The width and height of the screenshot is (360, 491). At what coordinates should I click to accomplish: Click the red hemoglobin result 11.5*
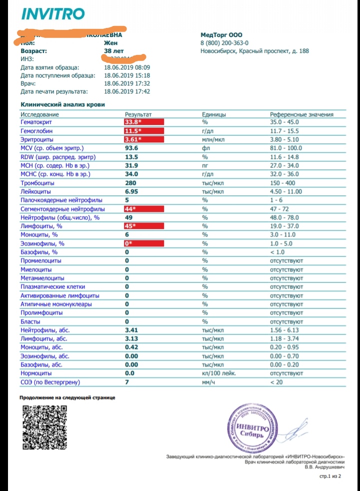coord(133,130)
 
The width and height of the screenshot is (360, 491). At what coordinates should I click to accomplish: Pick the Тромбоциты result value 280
coord(131,182)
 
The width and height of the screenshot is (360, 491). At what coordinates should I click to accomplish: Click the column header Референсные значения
coord(301,114)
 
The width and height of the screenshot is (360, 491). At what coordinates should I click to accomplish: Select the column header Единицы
coord(213,114)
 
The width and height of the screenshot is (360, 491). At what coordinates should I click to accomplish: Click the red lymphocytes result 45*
coord(131,226)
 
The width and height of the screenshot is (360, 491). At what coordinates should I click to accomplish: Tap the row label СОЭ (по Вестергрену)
coord(50,382)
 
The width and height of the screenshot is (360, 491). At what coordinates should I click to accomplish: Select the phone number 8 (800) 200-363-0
coord(224,43)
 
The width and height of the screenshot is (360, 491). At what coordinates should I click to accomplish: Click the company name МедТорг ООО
coord(220,35)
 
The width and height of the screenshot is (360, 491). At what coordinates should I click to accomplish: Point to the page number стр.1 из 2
coord(330,477)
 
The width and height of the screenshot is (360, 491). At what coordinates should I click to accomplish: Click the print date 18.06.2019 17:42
coord(127,91)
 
